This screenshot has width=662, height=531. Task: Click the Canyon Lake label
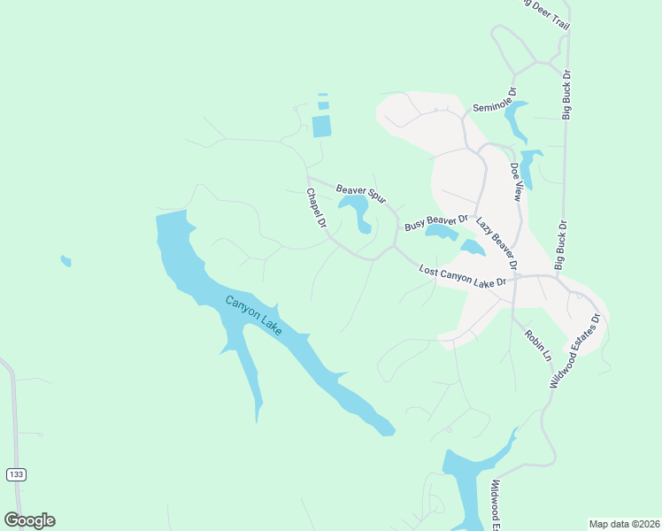click(253, 315)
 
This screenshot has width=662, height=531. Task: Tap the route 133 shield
click(15, 474)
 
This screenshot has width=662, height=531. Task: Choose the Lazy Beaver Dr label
click(496, 242)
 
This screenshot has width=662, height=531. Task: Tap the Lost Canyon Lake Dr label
click(462, 275)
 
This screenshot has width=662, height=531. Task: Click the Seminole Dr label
click(494, 97)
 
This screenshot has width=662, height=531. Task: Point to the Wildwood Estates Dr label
click(576, 350)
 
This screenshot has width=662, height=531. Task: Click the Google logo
click(29, 519)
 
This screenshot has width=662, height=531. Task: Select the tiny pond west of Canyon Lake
click(65, 261)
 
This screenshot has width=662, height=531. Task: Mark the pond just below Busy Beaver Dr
click(440, 232)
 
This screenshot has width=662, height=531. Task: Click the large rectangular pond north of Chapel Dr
click(321, 126)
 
